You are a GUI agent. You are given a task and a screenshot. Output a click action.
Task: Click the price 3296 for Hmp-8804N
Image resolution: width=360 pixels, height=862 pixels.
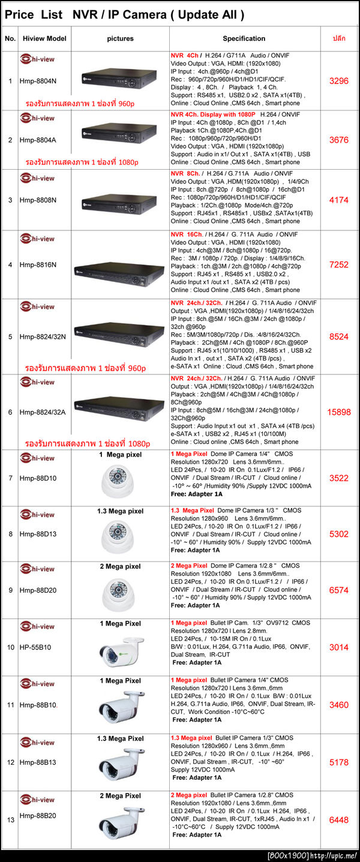[x=338, y=80]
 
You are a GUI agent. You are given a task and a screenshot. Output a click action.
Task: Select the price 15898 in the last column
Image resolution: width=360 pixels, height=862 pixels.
[x=338, y=412]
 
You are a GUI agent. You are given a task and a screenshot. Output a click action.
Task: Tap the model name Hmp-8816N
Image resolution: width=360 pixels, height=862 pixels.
[x=37, y=264]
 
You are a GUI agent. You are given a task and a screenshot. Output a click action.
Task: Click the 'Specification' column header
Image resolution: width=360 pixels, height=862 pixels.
[x=244, y=38]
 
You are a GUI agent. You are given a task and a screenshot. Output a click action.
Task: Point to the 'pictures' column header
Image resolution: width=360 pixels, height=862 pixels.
[x=120, y=38]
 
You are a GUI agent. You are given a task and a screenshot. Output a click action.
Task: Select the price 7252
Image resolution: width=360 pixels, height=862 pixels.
[x=338, y=265]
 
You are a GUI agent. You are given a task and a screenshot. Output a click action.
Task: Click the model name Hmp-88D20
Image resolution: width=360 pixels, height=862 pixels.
[x=37, y=590]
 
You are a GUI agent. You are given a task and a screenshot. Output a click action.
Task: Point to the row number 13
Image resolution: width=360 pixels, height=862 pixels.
[x=10, y=820]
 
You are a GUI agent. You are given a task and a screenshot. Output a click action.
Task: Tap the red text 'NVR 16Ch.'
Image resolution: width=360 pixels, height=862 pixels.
[x=187, y=234]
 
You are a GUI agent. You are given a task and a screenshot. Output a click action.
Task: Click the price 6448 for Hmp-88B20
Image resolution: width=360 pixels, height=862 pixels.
[x=338, y=820]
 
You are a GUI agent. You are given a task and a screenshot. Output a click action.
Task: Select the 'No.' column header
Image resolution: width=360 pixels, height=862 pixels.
[x=10, y=38]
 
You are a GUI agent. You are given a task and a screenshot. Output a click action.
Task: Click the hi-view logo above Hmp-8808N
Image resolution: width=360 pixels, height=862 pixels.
[x=38, y=178]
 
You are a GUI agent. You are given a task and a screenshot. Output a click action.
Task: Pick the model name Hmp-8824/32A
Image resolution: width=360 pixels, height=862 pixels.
[x=42, y=412]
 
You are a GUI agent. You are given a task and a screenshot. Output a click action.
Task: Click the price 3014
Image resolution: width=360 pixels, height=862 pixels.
[x=338, y=647]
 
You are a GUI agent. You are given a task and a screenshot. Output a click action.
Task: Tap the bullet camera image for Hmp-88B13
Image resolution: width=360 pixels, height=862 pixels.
[x=120, y=765]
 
